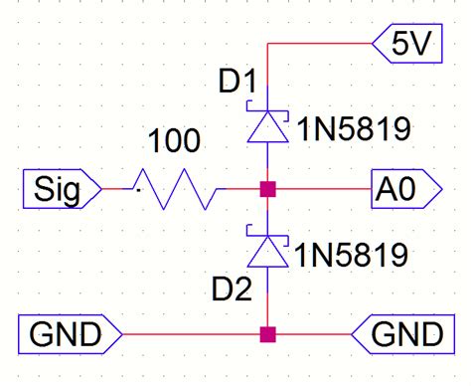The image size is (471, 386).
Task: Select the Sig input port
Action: [60, 186]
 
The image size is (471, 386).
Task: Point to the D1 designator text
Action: [237, 83]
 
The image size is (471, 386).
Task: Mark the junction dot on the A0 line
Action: [266, 186]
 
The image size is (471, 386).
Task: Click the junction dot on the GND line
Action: [266, 333]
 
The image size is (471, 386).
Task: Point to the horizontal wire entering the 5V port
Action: [318, 44]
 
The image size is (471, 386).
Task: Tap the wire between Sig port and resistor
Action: [117, 186]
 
